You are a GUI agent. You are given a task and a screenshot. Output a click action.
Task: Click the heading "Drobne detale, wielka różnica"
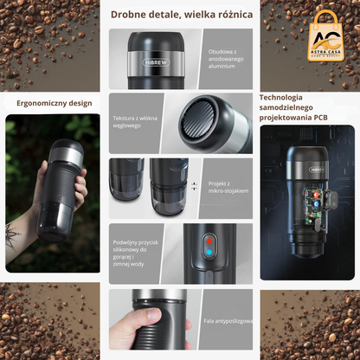(x=181, y=15)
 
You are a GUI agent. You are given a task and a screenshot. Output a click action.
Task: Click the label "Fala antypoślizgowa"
(x=227, y=321)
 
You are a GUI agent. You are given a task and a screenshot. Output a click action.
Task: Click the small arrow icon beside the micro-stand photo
(x=194, y=185)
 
